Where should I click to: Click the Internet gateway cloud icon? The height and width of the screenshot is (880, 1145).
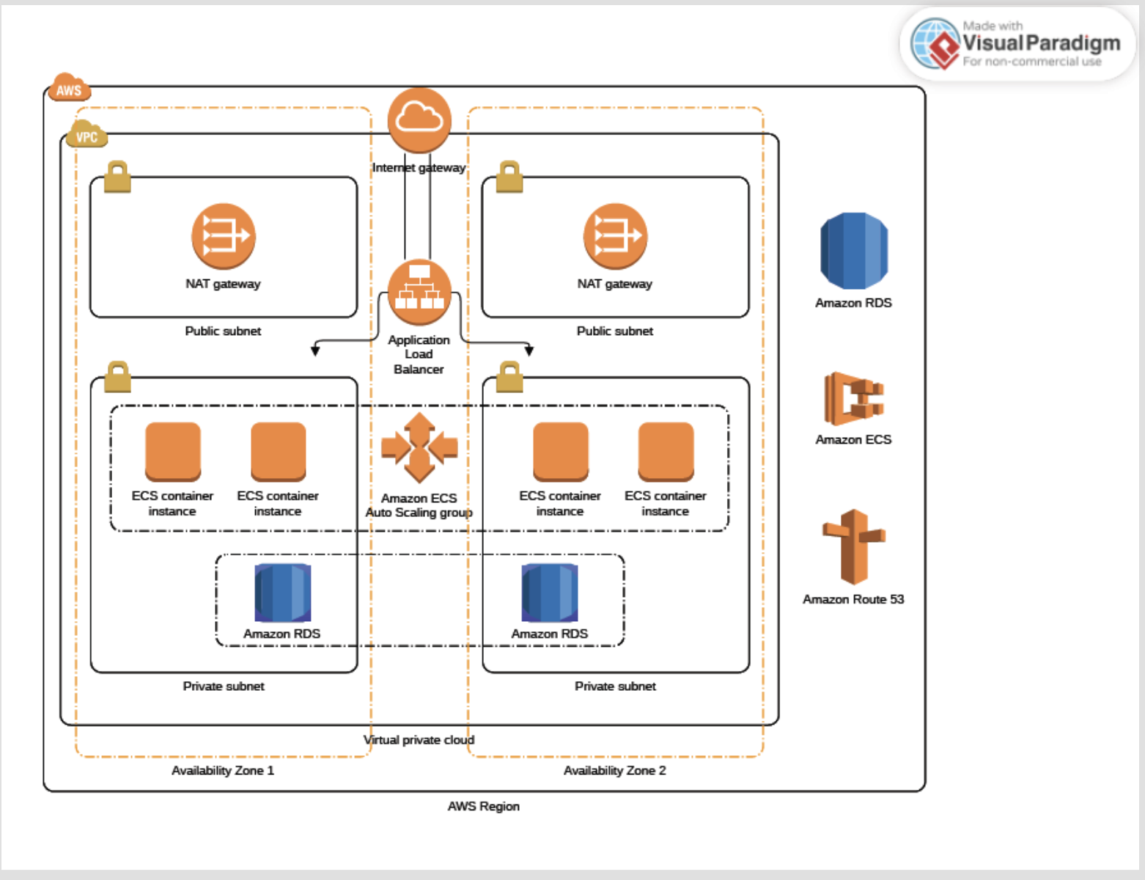[419, 120]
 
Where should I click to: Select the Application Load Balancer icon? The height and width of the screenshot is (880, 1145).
[419, 293]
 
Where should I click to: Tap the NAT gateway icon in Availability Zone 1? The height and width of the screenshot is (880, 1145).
[224, 235]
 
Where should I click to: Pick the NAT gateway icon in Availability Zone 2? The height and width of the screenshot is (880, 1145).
[615, 235]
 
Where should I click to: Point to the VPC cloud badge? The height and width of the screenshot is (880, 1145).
[86, 134]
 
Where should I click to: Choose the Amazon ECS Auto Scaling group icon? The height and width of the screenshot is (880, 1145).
[419, 447]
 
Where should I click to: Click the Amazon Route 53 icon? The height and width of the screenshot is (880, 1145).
[853, 546]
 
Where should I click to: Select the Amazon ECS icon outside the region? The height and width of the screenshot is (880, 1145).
[853, 398]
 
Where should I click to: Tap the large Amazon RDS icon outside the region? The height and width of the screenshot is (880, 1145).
[854, 251]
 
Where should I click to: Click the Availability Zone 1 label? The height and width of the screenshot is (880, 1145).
[223, 771]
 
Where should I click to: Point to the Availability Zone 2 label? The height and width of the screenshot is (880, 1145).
[614, 771]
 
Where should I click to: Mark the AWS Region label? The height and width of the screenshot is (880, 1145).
[483, 807]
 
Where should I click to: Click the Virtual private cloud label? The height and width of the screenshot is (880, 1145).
[419, 740]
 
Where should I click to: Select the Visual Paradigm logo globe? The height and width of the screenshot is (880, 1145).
[935, 43]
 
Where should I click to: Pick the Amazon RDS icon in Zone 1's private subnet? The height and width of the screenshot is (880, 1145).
[282, 593]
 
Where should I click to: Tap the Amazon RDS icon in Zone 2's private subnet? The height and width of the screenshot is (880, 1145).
[550, 593]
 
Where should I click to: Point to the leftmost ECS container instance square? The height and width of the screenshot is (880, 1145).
[173, 450]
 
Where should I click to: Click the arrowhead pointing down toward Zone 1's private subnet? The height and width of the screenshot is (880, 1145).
[315, 350]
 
